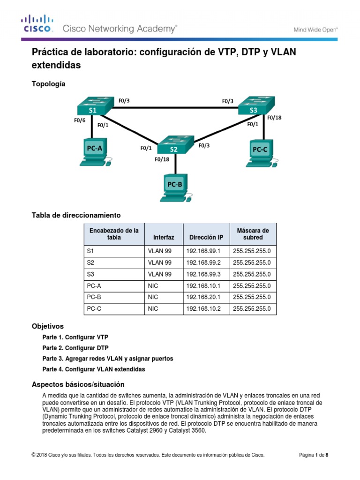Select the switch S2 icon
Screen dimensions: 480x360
[x=174, y=145]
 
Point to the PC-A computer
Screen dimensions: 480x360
[x=95, y=152]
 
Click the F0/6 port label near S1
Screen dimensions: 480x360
[x=80, y=120]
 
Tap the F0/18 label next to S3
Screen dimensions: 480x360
[x=274, y=118]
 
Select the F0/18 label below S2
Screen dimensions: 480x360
[x=162, y=159]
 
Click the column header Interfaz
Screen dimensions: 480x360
[x=164, y=238]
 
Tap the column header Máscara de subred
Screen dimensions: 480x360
[x=253, y=234]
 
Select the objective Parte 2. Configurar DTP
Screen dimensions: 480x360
[x=75, y=348]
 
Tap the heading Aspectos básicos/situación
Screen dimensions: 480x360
[x=78, y=384]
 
